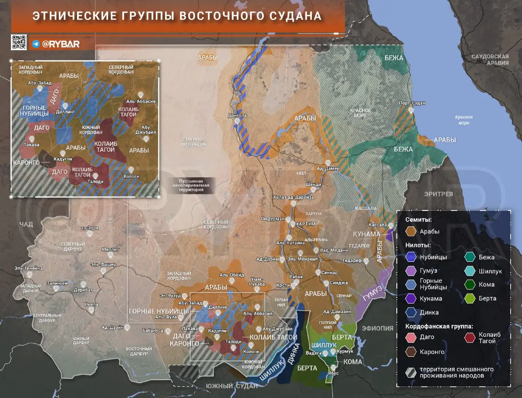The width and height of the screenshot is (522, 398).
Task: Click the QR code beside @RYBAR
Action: click(x=19, y=42)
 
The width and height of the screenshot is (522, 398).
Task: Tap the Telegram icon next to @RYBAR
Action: click(x=36, y=44)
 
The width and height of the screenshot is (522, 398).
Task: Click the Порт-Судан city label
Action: click(x=412, y=103)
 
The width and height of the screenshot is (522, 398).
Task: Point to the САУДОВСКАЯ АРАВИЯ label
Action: click(x=490, y=60)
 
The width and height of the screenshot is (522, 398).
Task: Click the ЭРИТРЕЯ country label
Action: click(x=438, y=194)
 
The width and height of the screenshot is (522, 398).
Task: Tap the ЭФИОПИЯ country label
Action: click(x=378, y=328)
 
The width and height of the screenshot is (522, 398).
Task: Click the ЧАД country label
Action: click(x=26, y=224)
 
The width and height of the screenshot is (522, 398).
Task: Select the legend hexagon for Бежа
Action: click(x=470, y=257)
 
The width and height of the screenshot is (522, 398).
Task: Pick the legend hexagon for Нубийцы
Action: click(x=411, y=257)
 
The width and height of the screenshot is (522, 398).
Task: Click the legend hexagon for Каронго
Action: click(x=411, y=351)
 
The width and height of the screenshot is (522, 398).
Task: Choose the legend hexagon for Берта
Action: click(x=470, y=298)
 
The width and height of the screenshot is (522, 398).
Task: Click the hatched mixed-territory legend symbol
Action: click(x=411, y=372)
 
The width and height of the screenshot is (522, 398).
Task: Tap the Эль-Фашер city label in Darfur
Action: click(x=103, y=265)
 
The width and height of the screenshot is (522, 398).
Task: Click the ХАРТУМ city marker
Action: click(x=292, y=224)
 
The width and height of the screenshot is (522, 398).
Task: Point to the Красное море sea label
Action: click(x=464, y=120)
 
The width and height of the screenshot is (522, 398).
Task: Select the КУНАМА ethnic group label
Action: click(x=366, y=234)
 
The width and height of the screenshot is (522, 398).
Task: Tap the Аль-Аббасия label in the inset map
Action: click(x=141, y=101)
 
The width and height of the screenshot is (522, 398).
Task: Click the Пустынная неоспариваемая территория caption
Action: click(x=191, y=185)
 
